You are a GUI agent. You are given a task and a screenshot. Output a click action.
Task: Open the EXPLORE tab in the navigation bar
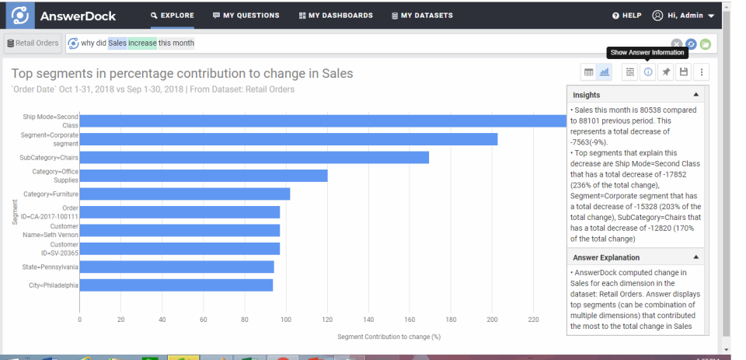[172, 16]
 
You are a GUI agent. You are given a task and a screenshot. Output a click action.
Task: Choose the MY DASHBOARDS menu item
[336, 16]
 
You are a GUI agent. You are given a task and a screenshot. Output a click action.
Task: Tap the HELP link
[627, 16]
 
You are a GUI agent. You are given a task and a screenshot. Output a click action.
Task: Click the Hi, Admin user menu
[683, 16]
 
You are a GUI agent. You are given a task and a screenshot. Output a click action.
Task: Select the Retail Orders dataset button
[33, 44]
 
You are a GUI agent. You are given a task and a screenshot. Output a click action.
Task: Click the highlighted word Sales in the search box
[117, 44]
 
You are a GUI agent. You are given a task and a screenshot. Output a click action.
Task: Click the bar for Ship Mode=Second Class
[322, 121]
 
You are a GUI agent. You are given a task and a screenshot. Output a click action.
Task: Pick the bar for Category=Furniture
[184, 194]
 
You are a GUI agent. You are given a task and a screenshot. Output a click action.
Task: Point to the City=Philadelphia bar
[176, 285]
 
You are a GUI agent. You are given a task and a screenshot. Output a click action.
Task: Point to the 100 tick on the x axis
[285, 320]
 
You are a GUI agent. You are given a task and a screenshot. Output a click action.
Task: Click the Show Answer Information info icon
[647, 72]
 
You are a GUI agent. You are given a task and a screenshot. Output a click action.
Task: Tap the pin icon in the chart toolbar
[665, 72]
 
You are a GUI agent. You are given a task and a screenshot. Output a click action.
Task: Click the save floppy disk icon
[683, 72]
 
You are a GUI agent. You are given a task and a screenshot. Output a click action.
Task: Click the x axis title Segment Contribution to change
[389, 337]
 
